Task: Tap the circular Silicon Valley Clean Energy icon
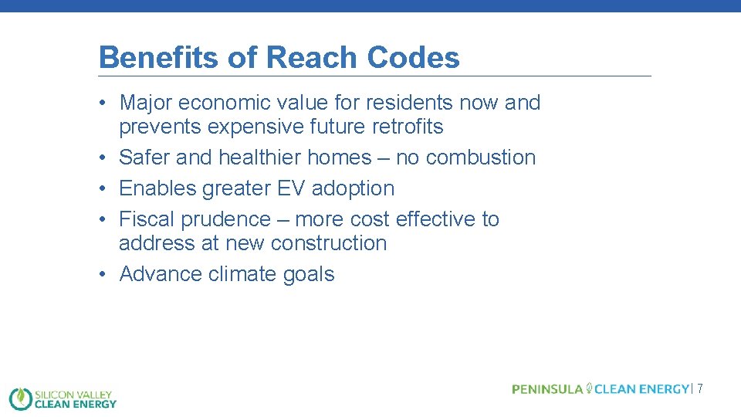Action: tap(21, 398)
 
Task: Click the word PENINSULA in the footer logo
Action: tap(547, 389)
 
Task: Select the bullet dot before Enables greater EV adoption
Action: tap(103, 188)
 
